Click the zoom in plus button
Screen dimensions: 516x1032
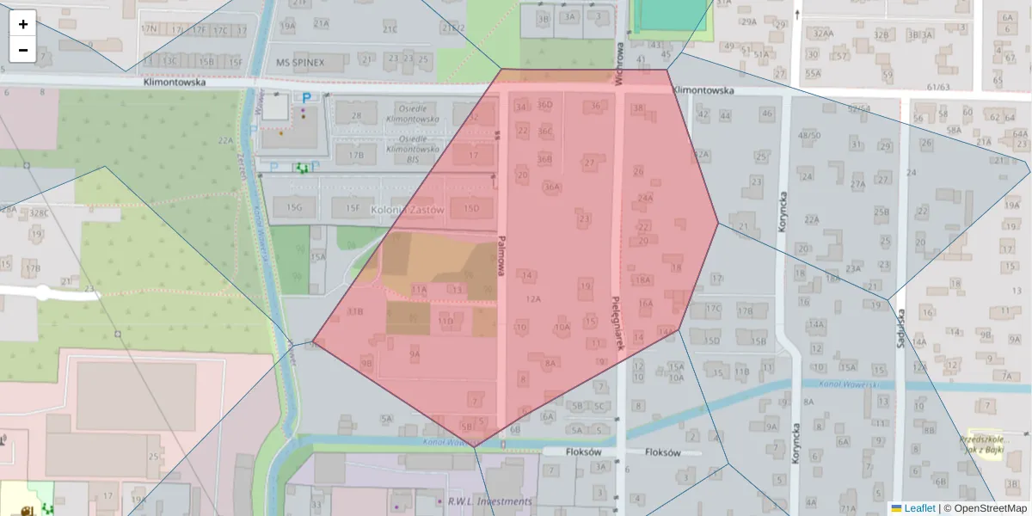[22, 23]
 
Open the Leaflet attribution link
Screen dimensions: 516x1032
[918, 508]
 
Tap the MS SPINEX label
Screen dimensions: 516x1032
[301, 63]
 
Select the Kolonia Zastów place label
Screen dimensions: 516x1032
[407, 210]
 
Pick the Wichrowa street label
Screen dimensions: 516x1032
[618, 62]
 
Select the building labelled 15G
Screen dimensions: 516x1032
[295, 207]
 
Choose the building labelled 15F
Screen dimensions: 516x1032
[352, 207]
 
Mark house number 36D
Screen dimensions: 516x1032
[545, 105]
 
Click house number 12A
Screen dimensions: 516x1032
[533, 299]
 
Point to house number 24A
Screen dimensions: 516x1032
[645, 198]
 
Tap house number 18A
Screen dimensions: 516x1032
[642, 279]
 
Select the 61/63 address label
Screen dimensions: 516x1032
[939, 87]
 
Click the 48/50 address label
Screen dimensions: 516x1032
[809, 135]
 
